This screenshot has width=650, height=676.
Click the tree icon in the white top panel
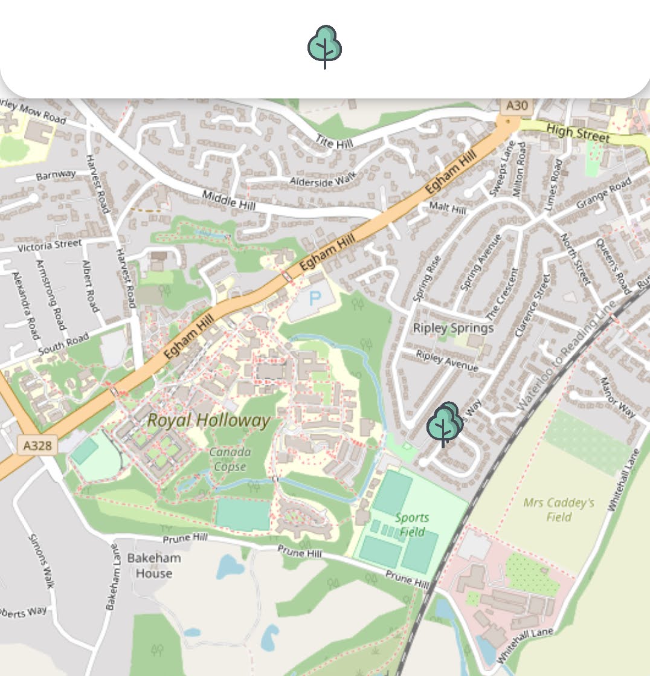(x=325, y=47)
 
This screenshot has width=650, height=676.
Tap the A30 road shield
(x=516, y=106)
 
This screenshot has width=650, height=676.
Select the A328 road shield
(x=37, y=446)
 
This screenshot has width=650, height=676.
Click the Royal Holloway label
(x=208, y=421)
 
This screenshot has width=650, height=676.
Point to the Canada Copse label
(x=230, y=459)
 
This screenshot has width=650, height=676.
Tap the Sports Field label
(x=412, y=525)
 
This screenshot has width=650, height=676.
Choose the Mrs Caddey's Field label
(x=559, y=509)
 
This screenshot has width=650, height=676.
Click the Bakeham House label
(x=153, y=565)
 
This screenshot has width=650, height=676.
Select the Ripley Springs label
(x=453, y=328)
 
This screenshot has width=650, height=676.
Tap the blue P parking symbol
(x=315, y=298)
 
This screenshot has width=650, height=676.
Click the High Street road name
(x=578, y=133)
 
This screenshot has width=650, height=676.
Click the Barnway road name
(x=56, y=175)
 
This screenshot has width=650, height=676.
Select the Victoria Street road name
(x=50, y=246)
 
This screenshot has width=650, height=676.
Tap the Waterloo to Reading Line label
(x=563, y=356)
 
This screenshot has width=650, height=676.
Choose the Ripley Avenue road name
(x=447, y=361)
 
